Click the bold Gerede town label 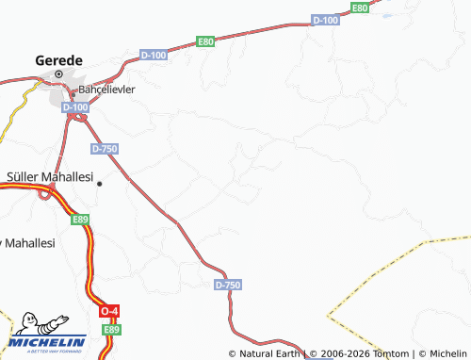pyautogui.click(x=58, y=58)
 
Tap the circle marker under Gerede pyautogui.click(x=58, y=74)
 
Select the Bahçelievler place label pyautogui.click(x=106, y=90)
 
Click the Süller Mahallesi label pyautogui.click(x=50, y=176)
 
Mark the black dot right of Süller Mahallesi pyautogui.click(x=99, y=183)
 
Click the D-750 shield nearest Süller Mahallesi pyautogui.click(x=105, y=149)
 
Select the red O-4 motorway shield pyautogui.click(x=110, y=311)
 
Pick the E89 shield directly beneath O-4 pyautogui.click(x=112, y=329)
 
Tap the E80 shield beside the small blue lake pyautogui.click(x=359, y=8)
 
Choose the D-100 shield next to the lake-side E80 pyautogui.click(x=325, y=20)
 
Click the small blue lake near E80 pyautogui.click(x=386, y=14)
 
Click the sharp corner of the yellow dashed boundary pyautogui.click(x=328, y=311)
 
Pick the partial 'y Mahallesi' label pyautogui.click(x=27, y=242)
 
